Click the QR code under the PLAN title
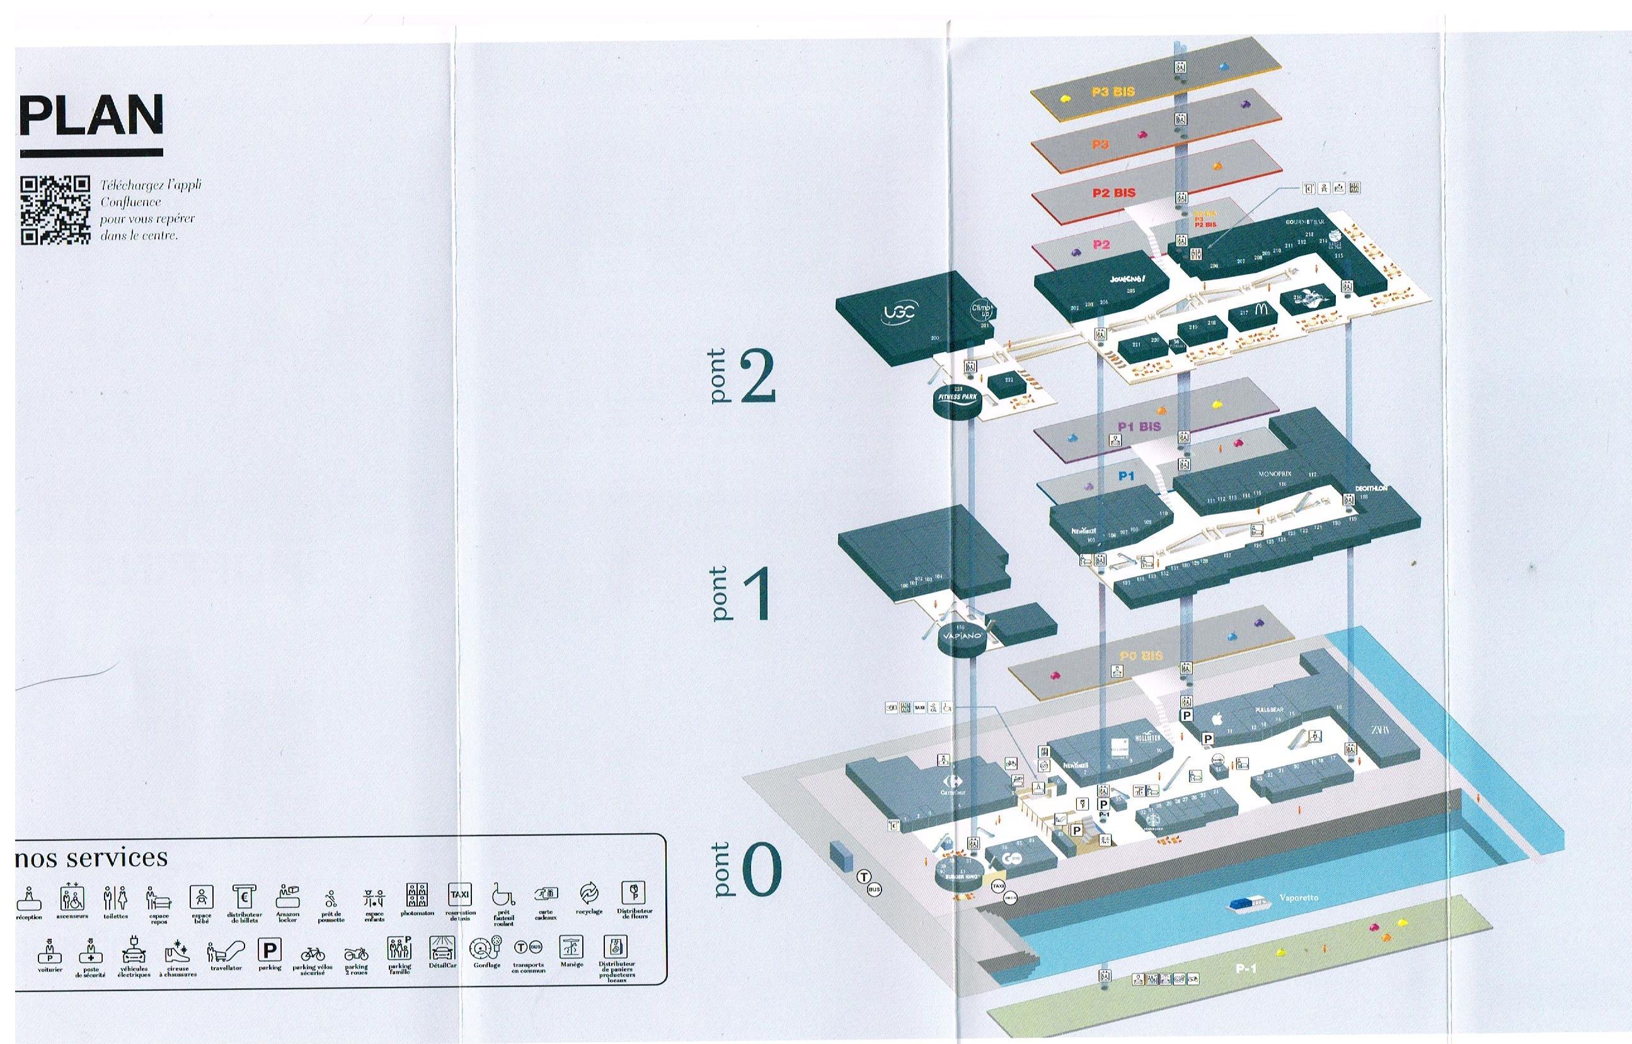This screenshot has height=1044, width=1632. [55, 210]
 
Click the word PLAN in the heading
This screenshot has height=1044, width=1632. [92, 115]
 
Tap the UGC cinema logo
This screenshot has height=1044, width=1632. [899, 312]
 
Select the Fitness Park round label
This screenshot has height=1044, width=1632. [957, 397]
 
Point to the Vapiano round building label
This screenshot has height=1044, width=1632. [961, 636]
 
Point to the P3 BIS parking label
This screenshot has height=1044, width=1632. [1113, 91]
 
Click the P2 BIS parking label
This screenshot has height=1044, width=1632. [1113, 193]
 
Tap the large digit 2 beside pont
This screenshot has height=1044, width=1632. [757, 377]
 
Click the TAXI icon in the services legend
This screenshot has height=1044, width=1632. [460, 894]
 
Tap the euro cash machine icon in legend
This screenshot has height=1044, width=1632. [243, 896]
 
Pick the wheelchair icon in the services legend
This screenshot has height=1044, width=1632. [503, 894]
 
